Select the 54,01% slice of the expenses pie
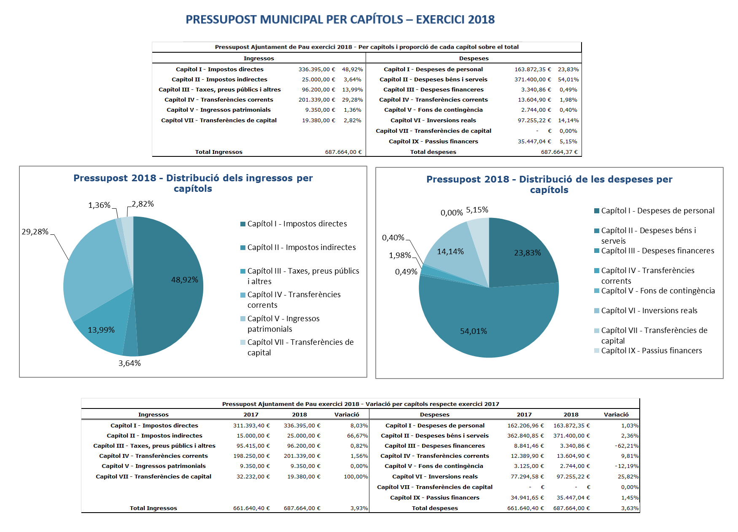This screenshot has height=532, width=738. [485, 325]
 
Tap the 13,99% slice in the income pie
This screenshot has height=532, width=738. [103, 325]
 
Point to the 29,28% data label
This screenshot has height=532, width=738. [35, 232]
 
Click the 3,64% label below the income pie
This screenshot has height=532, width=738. [129, 363]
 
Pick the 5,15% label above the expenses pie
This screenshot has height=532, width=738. [477, 210]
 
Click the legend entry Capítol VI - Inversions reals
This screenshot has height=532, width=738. [649, 311]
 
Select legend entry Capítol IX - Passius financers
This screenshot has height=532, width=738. [651, 351]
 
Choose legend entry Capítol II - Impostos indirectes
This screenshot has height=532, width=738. [301, 247]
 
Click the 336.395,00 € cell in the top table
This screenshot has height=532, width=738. [317, 70]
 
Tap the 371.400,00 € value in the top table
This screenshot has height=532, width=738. [533, 80]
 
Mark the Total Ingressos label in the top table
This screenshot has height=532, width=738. [218, 152]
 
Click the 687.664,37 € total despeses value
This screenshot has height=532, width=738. [559, 152]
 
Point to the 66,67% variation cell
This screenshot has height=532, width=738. [357, 436]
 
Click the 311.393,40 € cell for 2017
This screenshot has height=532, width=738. [251, 426]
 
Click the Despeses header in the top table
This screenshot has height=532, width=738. [474, 59]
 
